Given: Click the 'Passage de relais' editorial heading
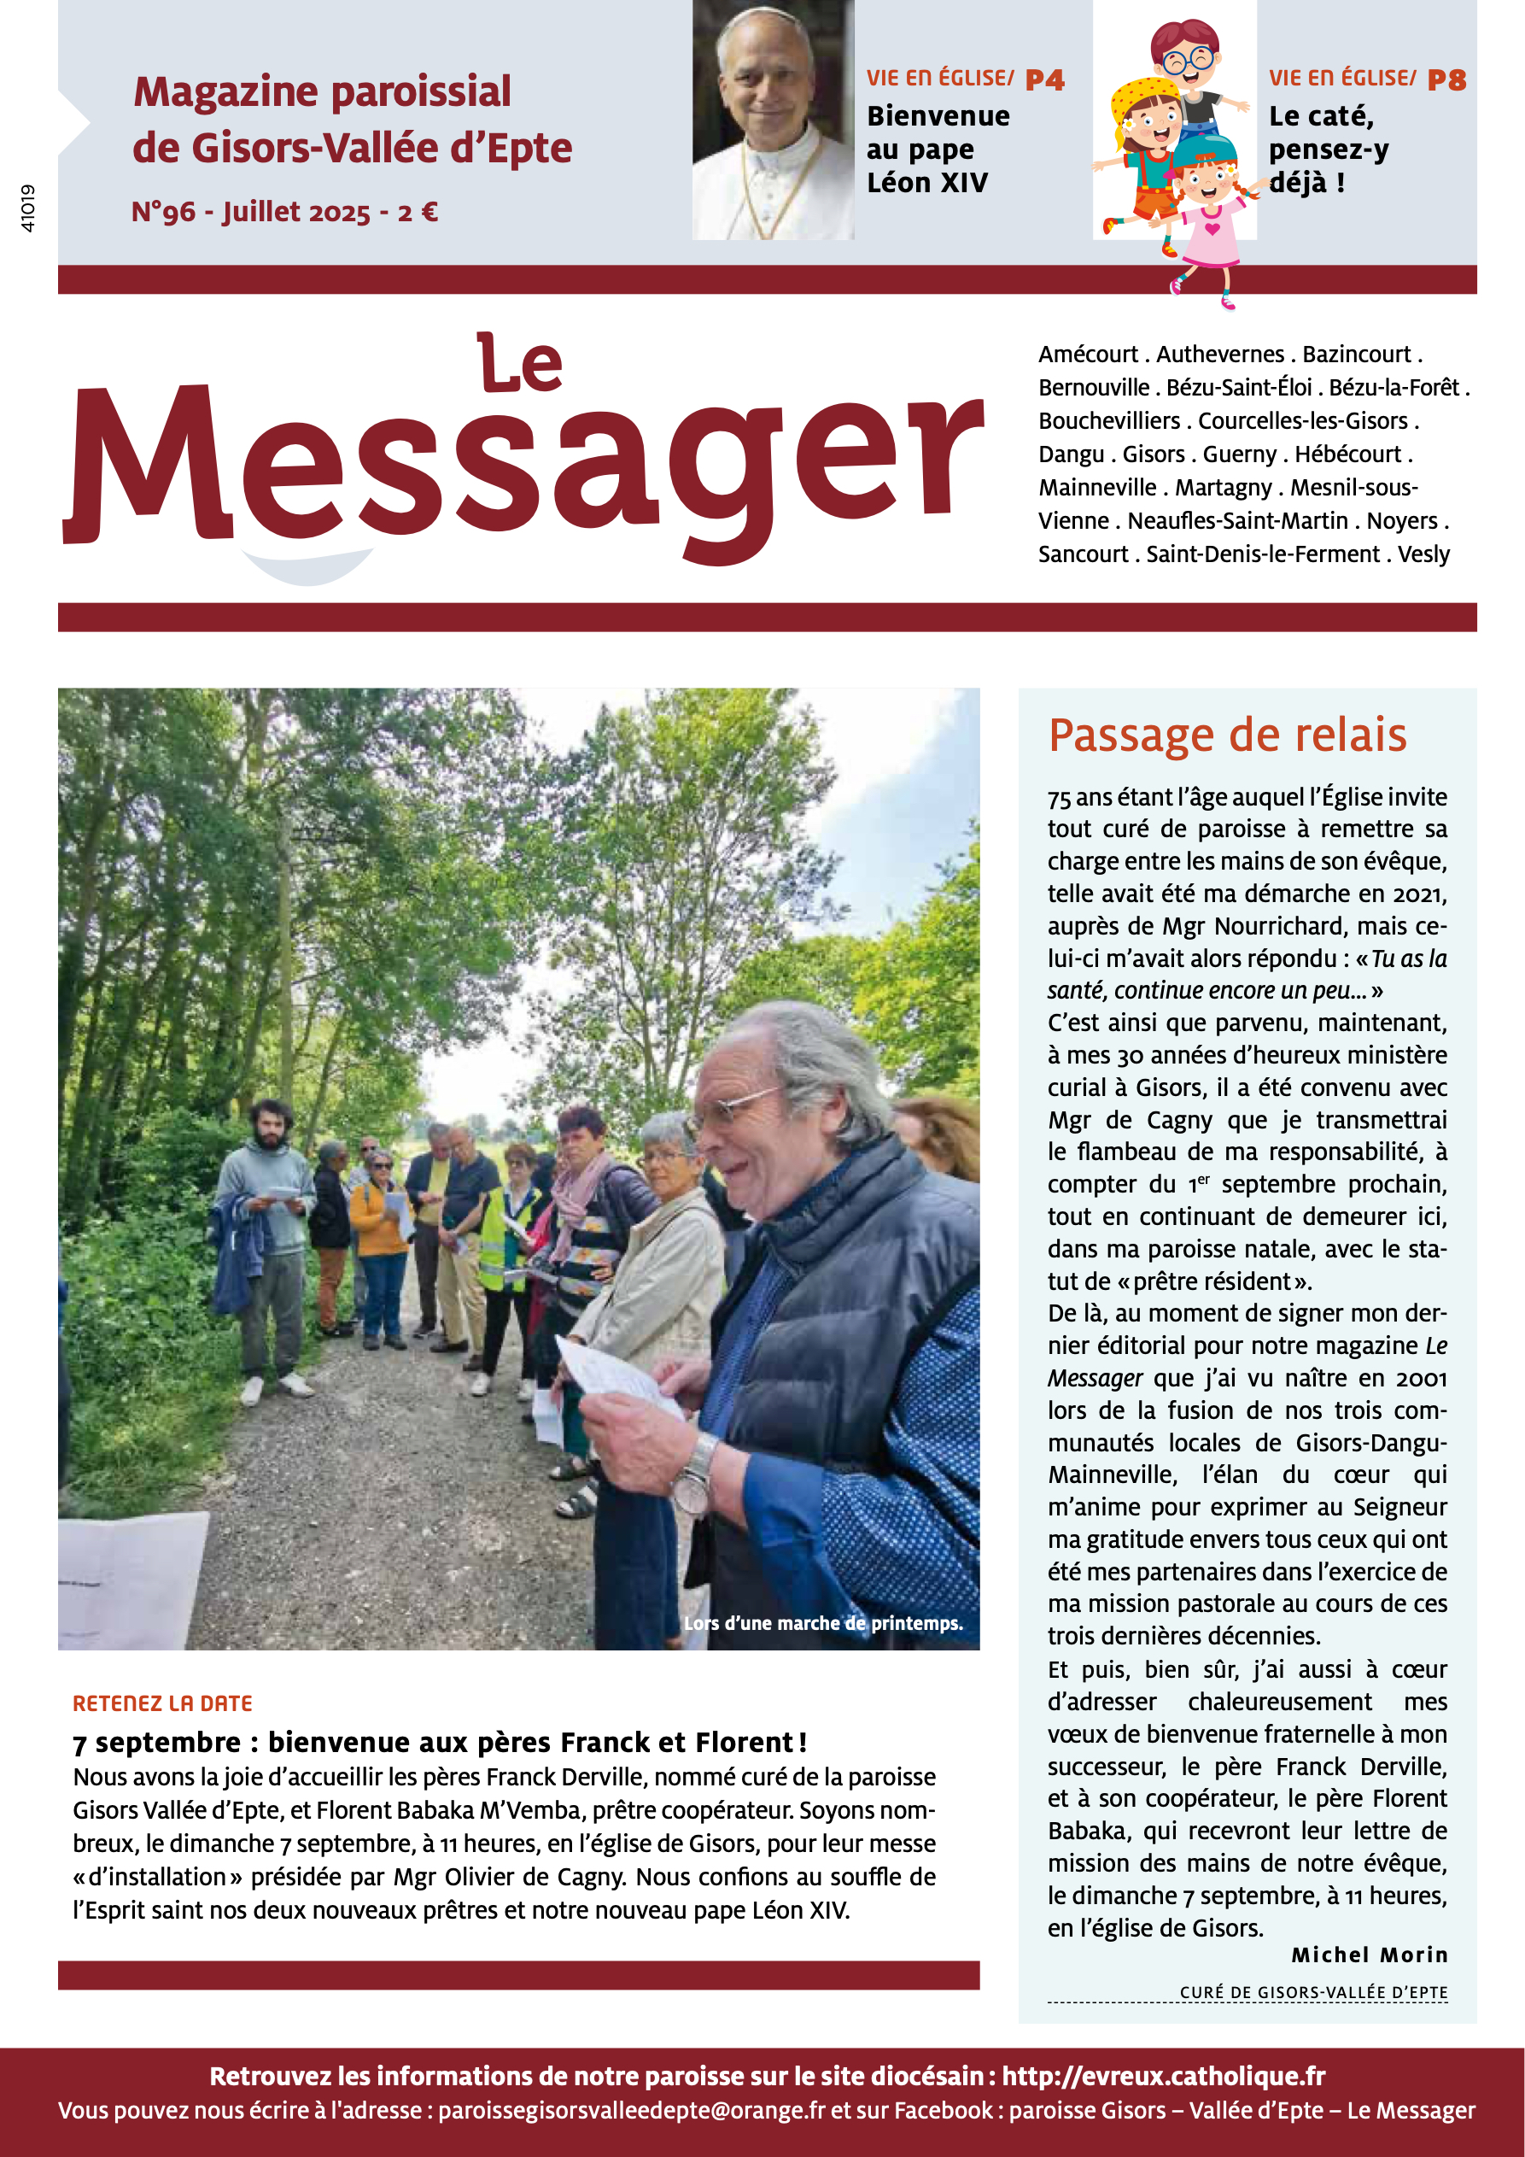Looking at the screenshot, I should coord(1226,736).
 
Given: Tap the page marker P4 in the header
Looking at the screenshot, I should coord(1044,79).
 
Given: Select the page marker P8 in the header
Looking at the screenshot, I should coord(1446,79).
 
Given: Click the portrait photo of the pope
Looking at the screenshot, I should coord(772,120).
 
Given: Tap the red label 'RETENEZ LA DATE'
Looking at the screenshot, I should coord(162,1703).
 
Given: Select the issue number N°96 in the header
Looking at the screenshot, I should coord(163,213).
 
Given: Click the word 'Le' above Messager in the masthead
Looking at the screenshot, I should coord(519,365).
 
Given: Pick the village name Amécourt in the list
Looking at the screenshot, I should coord(1088,355).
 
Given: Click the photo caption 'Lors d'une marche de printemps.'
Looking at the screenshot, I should coord(822,1622).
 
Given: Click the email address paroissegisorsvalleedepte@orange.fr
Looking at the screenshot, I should coord(631,2110).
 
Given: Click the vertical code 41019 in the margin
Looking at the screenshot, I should coord(27,208).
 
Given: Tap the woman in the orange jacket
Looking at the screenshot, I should coord(379,1240).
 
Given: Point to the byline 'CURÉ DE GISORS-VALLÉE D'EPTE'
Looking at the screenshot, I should coord(1312,1991).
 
